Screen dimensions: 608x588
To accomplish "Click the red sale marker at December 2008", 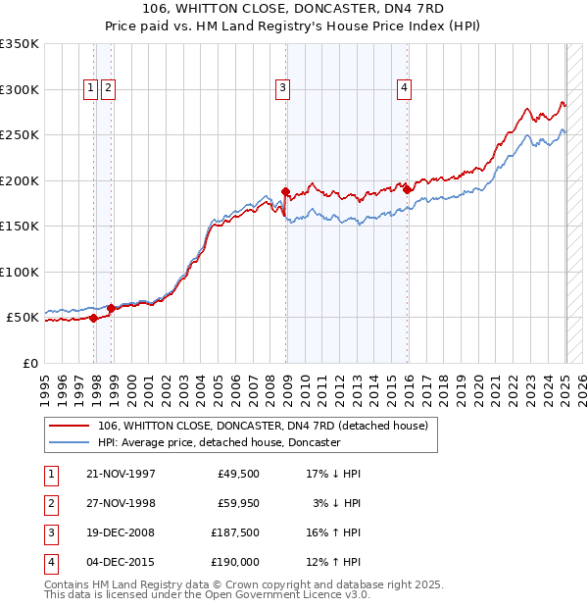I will tap(286, 191).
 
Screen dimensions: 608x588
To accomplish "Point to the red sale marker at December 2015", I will tap(408, 189).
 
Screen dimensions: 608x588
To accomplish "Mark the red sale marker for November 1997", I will tap(94, 318).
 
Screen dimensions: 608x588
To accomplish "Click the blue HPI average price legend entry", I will tap(219, 442).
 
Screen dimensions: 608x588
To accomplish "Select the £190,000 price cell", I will tap(234, 562).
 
